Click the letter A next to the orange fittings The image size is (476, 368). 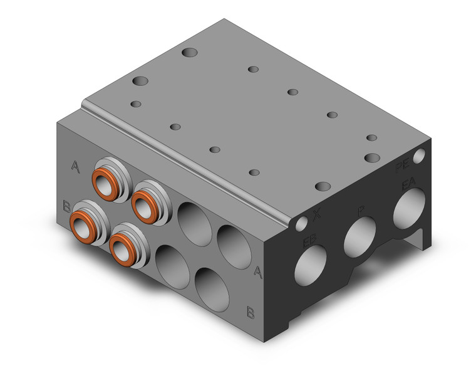click(76, 166)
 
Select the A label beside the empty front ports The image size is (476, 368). click(257, 271)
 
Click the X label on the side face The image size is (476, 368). click(317, 214)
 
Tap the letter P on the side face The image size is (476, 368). click(361, 211)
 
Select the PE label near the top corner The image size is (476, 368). click(403, 167)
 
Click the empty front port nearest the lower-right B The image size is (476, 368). click(210, 286)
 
